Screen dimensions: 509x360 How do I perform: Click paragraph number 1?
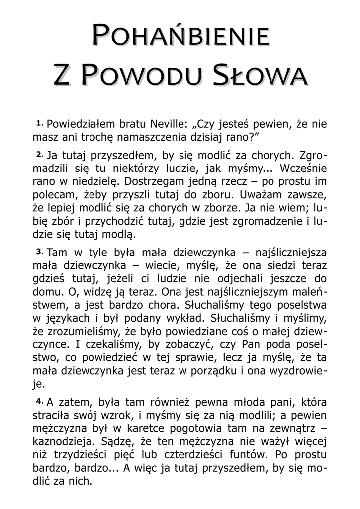[39, 122]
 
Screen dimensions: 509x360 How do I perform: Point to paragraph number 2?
[39, 152]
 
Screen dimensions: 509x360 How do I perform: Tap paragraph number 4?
[39, 400]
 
